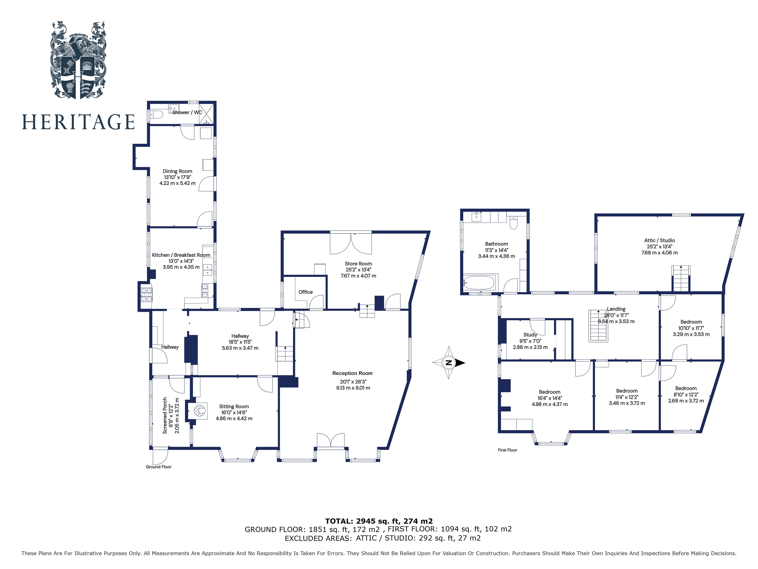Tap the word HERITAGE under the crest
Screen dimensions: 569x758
click(78, 122)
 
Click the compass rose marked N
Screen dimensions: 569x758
click(449, 362)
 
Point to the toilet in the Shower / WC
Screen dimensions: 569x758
click(157, 114)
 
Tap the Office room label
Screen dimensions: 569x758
click(305, 292)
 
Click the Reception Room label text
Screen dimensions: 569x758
click(352, 373)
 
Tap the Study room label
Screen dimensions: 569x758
click(530, 335)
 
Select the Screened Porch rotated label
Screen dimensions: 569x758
click(165, 416)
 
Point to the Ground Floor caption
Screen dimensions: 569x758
click(158, 467)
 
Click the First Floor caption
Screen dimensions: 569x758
click(507, 450)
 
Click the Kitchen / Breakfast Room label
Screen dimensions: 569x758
click(181, 255)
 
